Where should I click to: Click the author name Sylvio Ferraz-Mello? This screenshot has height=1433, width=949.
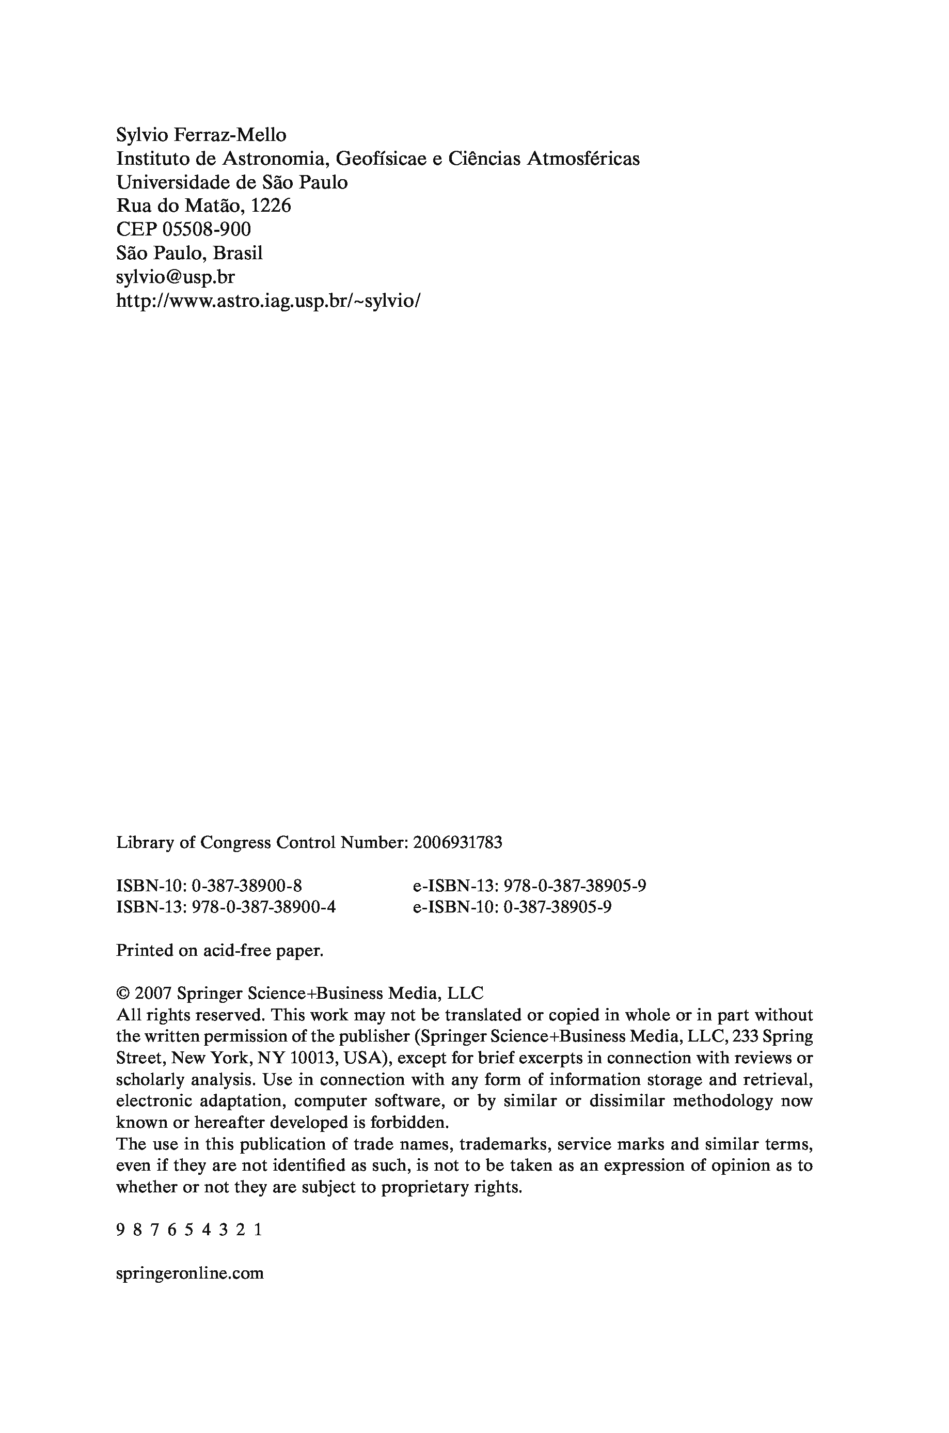201,135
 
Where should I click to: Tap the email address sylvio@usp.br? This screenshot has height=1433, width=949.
175,277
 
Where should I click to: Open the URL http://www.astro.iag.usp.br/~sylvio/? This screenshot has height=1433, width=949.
267,300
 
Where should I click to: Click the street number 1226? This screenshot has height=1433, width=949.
271,206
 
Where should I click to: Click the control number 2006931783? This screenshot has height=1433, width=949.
457,842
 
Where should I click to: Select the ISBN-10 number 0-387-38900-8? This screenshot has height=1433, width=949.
246,886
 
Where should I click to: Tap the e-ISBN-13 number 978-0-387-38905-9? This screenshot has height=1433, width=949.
575,886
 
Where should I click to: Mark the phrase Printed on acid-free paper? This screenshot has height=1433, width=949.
220,950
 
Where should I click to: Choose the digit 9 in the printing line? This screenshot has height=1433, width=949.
120,1230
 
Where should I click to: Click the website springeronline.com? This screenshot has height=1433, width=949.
189,1273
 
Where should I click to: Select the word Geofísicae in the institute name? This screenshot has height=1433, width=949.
380,159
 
